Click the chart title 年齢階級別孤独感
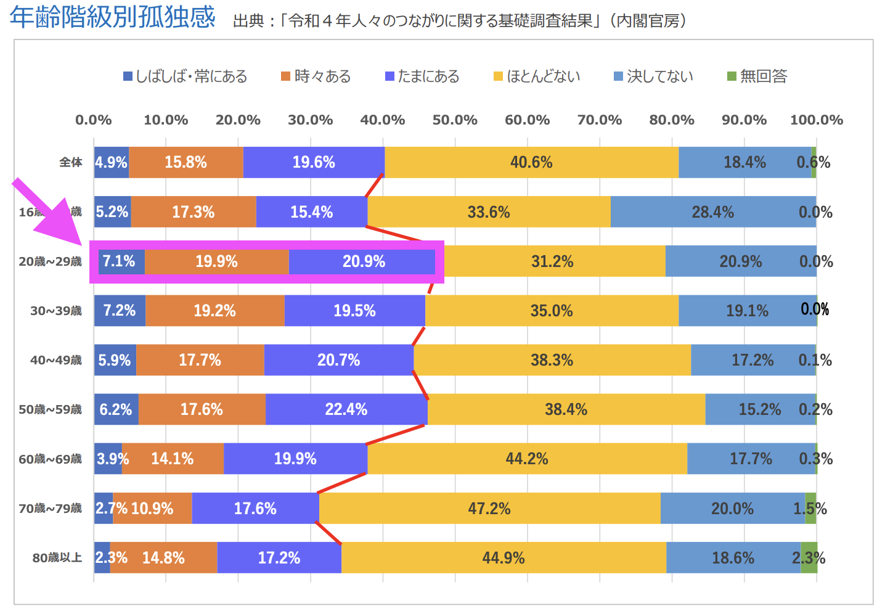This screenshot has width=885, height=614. point(112,17)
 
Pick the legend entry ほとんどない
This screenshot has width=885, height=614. point(537,76)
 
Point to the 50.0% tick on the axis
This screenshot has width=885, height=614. point(455,120)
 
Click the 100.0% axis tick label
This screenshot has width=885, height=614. point(816,120)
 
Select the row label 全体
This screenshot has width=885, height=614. point(71,162)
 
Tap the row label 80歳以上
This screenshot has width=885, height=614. point(57,558)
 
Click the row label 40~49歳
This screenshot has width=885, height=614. point(56,360)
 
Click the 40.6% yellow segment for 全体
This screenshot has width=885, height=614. point(531,162)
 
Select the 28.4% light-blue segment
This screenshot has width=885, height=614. point(713,212)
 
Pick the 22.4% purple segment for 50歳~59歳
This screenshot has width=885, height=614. point(346,409)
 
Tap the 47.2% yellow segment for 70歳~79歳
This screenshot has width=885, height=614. point(489,509)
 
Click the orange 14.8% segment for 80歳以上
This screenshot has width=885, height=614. point(164,558)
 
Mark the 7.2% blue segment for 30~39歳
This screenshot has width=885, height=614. point(120,311)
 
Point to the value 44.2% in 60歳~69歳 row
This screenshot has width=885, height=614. point(527,459)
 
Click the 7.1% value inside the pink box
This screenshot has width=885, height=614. point(119,261)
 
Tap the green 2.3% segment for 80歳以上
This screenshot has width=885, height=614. point(809,558)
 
